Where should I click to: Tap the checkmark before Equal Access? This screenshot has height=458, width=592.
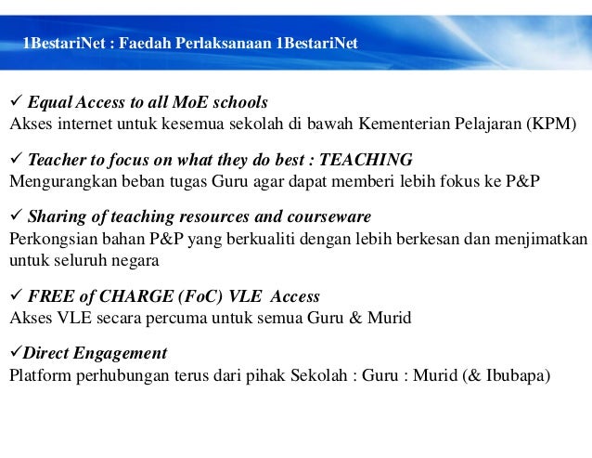coord(15,101)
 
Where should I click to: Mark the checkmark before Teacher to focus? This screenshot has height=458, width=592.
coord(15,159)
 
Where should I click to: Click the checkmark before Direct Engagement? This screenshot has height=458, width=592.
coord(15,354)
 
